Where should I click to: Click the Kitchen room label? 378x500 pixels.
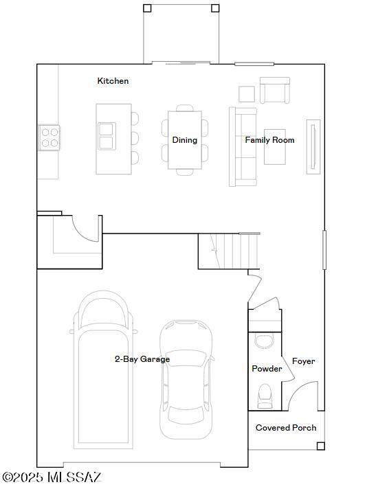[113, 81]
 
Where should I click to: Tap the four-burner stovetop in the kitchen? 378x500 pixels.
[49, 138]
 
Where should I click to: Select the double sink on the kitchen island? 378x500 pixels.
[106, 136]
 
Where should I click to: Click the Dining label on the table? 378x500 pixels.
[185, 140]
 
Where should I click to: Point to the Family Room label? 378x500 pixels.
[269, 140]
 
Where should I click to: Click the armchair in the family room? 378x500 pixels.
[275, 90]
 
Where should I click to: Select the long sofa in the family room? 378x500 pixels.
[243, 147]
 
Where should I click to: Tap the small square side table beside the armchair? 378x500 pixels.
[247, 94]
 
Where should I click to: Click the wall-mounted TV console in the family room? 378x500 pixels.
[313, 147]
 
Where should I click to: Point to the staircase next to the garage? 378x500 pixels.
[229, 251]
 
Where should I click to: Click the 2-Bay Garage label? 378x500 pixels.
[142, 359]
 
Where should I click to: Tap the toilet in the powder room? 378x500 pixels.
[265, 396]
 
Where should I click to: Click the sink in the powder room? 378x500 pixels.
[265, 341]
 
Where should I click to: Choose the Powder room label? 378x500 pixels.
[267, 369]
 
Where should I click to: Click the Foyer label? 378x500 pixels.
[303, 361]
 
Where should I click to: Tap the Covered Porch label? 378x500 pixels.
[286, 428]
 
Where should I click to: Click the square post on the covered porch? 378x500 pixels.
[320, 446]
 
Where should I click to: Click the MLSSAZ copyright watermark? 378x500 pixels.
[52, 477]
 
